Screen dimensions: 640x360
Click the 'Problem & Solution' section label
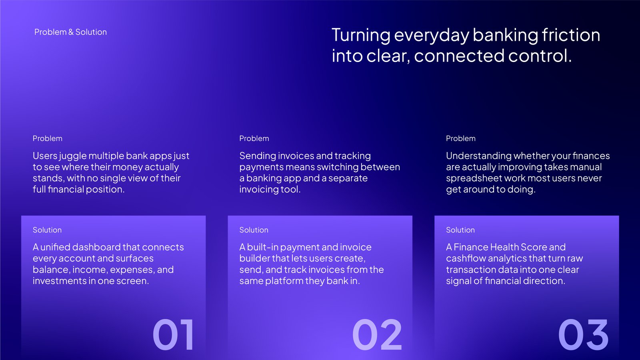pyautogui.click(x=70, y=32)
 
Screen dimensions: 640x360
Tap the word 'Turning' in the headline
pyautogui.click(x=361, y=36)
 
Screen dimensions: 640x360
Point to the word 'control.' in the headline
pyautogui.click(x=540, y=56)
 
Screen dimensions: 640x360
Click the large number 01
pyautogui.click(x=173, y=334)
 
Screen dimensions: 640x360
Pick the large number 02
pyautogui.click(x=377, y=334)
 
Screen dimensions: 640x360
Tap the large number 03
pyautogui.click(x=583, y=334)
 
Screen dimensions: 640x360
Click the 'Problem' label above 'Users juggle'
pyautogui.click(x=48, y=138)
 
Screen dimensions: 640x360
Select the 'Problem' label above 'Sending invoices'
pyautogui.click(x=254, y=138)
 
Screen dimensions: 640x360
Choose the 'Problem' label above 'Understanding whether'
pyautogui.click(x=460, y=138)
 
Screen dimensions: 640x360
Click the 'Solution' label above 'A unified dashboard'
pyautogui.click(x=47, y=230)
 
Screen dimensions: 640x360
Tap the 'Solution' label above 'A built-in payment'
pyautogui.click(x=254, y=230)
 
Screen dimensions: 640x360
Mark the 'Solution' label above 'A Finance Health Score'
pyautogui.click(x=460, y=230)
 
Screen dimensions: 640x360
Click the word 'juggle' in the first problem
pyautogui.click(x=72, y=156)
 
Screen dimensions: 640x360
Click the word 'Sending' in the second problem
pyautogui.click(x=258, y=156)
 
